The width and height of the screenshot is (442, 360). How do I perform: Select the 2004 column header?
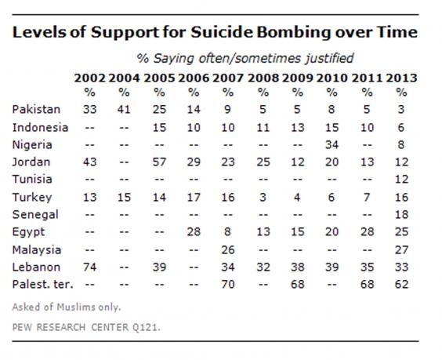[124, 78]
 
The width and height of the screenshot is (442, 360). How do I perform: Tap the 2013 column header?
[401, 78]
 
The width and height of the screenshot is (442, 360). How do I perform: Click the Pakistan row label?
[36, 110]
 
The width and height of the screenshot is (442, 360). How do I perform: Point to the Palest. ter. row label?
[42, 284]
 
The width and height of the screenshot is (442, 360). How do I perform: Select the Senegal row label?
[35, 215]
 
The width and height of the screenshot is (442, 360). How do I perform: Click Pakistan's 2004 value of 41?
[124, 110]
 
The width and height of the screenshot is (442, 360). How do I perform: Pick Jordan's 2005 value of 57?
[159, 162]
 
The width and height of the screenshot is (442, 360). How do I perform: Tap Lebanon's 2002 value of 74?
[89, 267]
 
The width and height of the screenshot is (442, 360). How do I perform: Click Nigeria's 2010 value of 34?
[331, 145]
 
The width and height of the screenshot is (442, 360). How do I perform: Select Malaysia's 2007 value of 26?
[228, 249]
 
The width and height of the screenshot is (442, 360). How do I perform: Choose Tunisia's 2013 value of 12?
[401, 179]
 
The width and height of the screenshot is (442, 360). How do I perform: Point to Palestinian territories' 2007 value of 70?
[228, 284]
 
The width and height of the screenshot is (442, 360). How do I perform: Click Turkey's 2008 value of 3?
[263, 197]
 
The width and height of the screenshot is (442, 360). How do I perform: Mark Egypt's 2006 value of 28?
[194, 232]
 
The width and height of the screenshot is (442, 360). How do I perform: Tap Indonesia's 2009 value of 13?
[297, 128]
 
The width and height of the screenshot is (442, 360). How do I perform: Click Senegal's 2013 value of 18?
[401, 215]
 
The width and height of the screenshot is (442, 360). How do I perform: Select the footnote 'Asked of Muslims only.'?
[67, 307]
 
